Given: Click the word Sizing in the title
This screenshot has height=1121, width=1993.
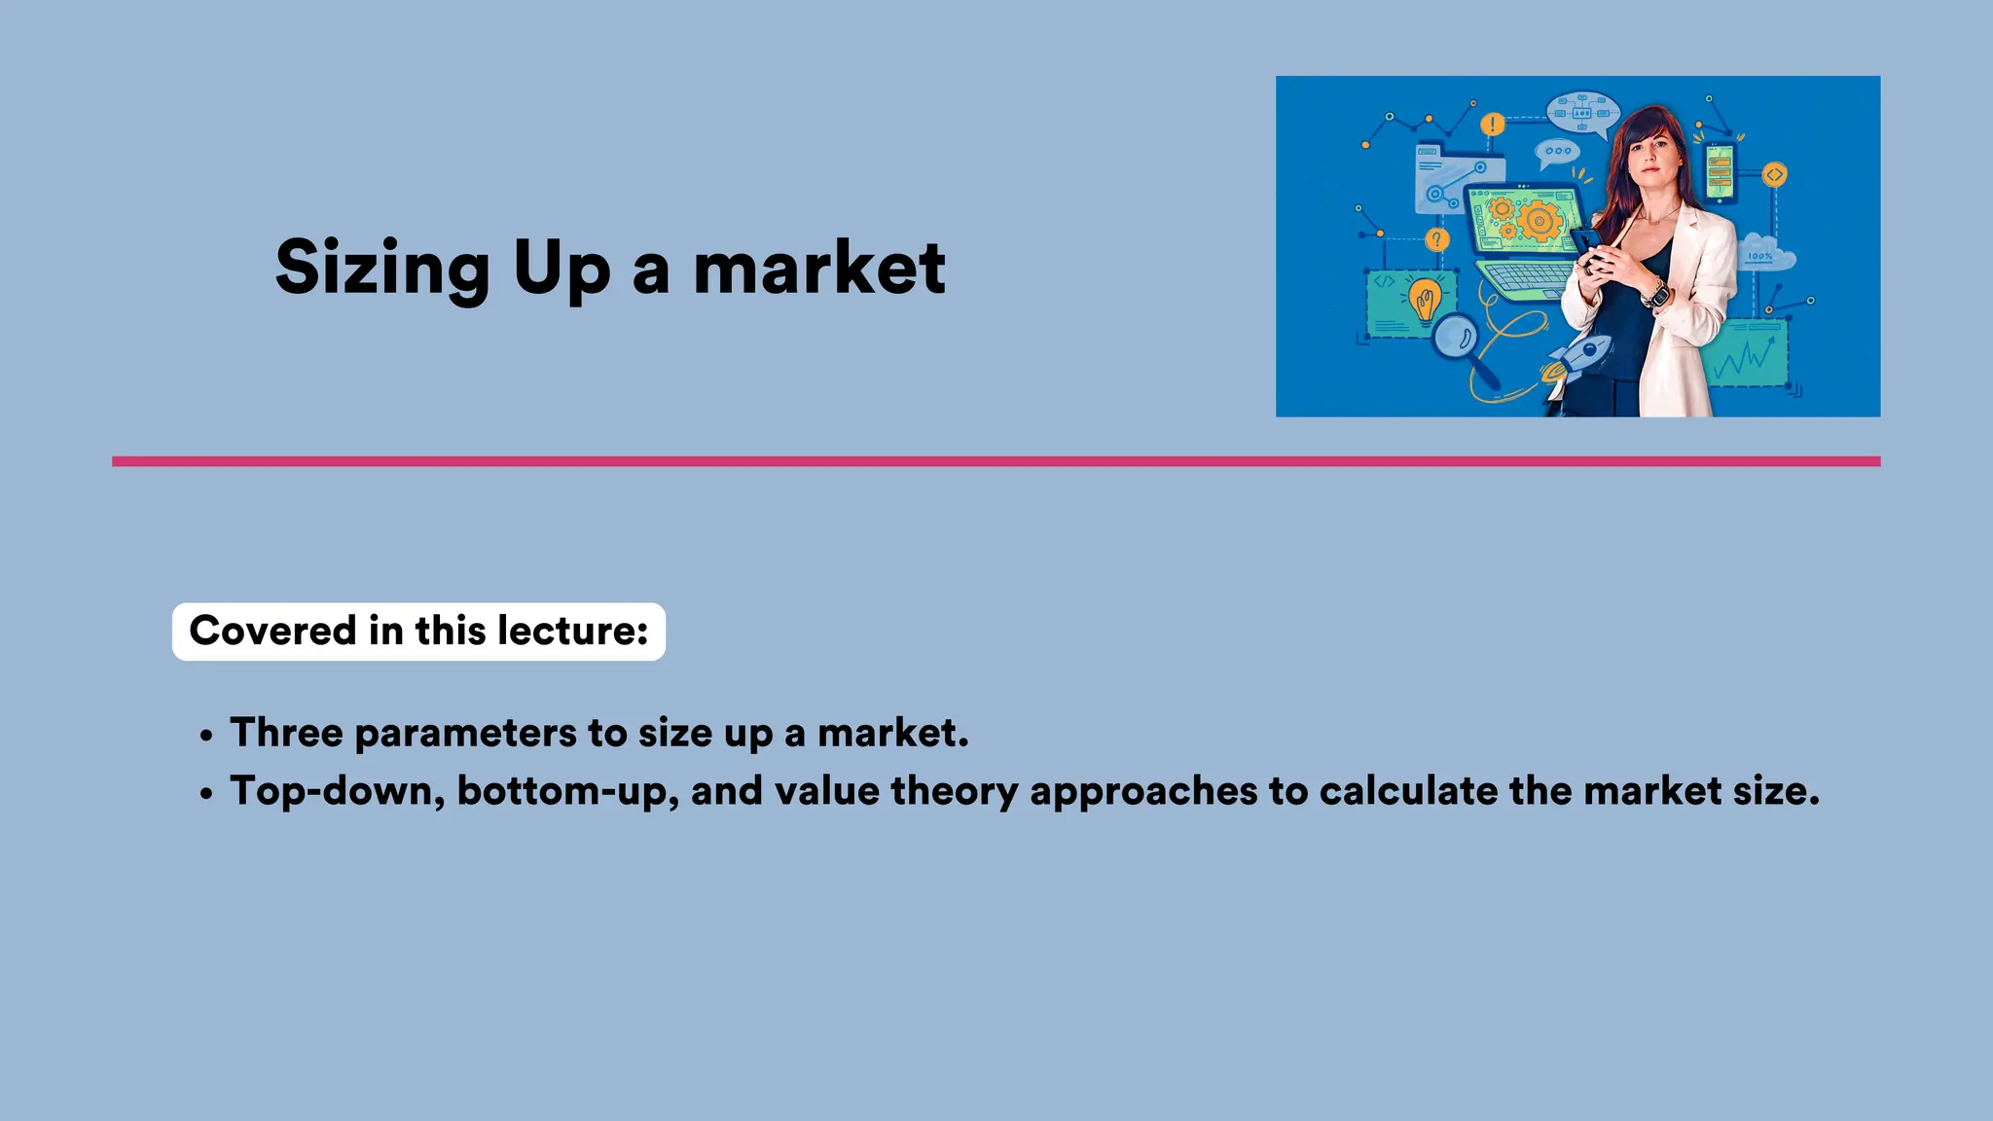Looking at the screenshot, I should (382, 269).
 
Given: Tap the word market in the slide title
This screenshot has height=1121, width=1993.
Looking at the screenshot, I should (818, 269).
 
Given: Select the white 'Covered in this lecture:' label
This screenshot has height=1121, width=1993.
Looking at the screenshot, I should (418, 632).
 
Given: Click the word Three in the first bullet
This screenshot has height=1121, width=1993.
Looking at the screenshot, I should (286, 733).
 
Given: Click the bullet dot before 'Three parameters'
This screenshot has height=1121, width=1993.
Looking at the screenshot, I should (205, 737).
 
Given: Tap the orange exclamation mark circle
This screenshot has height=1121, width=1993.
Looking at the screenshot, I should (1492, 125).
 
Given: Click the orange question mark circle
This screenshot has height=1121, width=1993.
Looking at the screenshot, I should (1436, 239).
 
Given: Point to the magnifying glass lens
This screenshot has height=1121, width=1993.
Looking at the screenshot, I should (1455, 338).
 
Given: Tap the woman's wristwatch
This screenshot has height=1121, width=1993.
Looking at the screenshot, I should (1655, 293).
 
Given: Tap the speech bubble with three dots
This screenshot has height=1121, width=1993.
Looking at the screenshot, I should (1557, 152).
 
